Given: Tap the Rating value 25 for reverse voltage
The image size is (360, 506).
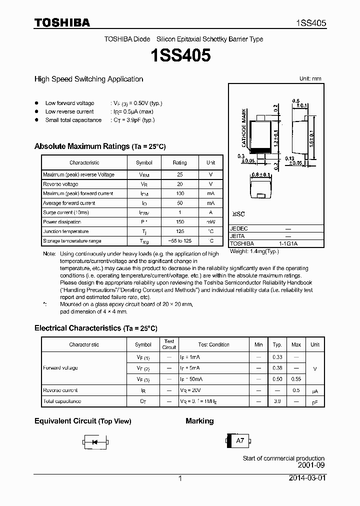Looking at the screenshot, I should point(179,174).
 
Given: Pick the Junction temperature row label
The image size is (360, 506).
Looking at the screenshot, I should point(65,231).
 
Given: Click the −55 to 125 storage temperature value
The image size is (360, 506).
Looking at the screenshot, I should point(179,241).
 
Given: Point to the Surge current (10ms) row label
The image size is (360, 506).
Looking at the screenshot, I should point(66,212).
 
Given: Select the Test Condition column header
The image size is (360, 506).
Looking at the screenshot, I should point(213,344).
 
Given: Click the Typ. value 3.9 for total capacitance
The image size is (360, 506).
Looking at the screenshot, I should point(277,401).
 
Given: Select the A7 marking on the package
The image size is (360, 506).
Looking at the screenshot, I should point(240,440).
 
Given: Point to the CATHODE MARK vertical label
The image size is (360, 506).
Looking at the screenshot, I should point(244,128).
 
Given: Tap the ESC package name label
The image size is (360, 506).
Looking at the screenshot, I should point(238,214).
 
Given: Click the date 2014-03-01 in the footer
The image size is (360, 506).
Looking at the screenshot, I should point(306,478).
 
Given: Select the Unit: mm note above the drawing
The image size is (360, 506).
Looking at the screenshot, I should point(310,79).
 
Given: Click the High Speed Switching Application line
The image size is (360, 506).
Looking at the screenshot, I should point(88,79).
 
